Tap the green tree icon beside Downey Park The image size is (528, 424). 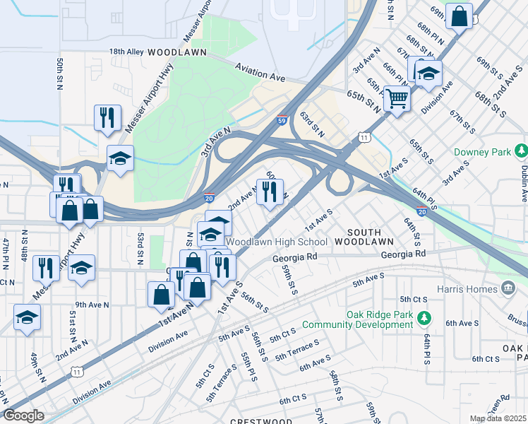coord(521,151)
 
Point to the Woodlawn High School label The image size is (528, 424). coord(277,242)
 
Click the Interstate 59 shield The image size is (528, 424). coord(282,121)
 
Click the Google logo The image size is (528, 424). coord(23,416)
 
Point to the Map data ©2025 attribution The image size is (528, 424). coord(498,418)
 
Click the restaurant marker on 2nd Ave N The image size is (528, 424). coord(269,192)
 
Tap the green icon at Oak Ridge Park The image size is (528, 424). coord(423,319)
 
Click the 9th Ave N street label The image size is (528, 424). coord(92,305)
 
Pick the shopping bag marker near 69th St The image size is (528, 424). coord(459,17)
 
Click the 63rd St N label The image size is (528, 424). coord(311,124)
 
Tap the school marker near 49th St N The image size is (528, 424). coord(27,317)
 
